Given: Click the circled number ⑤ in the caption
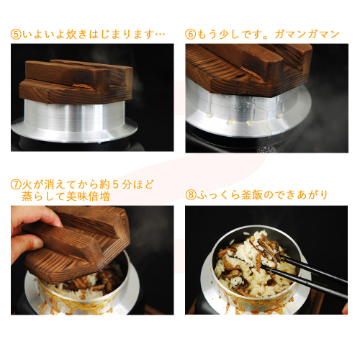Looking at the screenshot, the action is coord(17,35).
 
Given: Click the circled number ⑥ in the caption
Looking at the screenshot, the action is coord(191,35).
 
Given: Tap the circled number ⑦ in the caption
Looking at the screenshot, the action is coord(17,185).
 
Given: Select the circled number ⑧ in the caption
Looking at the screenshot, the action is coord(191,195).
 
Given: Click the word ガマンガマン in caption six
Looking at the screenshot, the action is coord(307,35).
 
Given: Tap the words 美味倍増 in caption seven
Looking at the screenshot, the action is coord(88,197).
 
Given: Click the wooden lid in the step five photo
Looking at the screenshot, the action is coord(76,81).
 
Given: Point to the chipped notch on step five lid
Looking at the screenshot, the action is coord(83,86).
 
